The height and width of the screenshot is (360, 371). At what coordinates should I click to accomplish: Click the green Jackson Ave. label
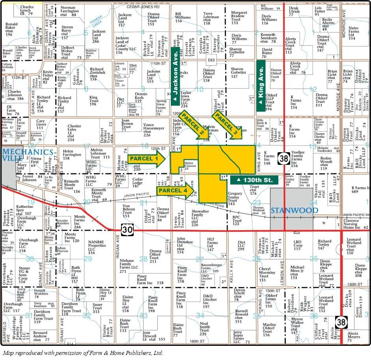175,77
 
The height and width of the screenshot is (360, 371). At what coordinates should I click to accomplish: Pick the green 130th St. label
254,180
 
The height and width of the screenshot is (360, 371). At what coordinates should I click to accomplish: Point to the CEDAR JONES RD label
142,7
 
